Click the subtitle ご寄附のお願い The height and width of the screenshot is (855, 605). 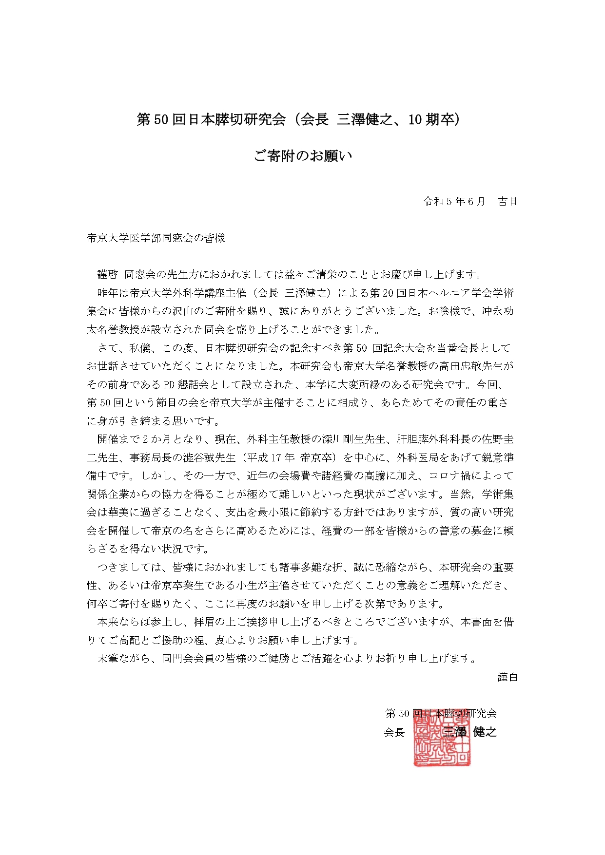pos(302,156)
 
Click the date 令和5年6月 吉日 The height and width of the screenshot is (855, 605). pos(469,202)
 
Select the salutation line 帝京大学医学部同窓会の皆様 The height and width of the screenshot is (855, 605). pos(156,238)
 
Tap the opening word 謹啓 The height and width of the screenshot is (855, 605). pos(108,274)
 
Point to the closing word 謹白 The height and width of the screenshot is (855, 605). pos(507,677)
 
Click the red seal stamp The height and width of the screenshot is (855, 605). pos(442,737)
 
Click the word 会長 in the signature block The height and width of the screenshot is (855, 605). pos(394,732)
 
